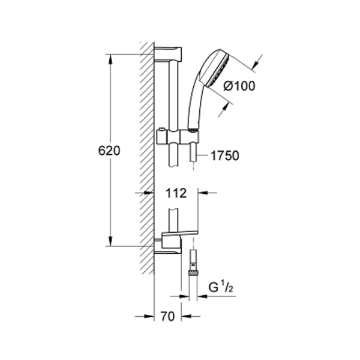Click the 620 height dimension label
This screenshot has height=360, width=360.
(109, 151)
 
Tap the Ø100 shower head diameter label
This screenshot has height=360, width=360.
(239, 86)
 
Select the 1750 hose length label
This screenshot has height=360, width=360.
(225, 155)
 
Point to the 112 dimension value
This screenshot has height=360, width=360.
(176, 193)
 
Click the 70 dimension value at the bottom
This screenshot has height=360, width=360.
(167, 316)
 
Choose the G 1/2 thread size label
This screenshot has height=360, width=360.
(221, 287)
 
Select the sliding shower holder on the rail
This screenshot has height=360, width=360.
(178, 137)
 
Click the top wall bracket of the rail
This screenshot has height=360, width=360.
(168, 54)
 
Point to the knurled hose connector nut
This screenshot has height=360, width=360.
(193, 273)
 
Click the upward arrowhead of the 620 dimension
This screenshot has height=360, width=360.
(110, 59)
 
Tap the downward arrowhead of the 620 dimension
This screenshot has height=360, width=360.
(110, 242)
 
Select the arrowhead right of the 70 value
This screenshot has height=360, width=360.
(186, 316)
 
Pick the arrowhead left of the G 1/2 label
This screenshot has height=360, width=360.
(184, 296)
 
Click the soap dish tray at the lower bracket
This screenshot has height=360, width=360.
(180, 233)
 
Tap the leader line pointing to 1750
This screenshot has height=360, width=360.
(202, 155)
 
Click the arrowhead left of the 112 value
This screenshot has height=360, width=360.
(149, 193)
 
